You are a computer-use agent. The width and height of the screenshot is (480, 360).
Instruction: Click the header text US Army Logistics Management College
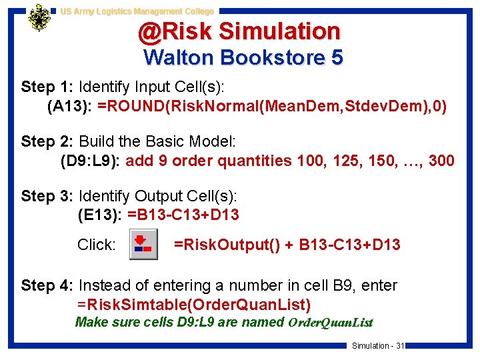coord(137,11)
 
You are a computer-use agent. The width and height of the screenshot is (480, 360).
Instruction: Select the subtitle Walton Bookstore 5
coord(243,57)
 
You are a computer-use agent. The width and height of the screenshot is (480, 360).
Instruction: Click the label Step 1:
coord(47,87)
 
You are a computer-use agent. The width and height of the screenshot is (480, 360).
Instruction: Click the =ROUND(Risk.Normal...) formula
coord(272,105)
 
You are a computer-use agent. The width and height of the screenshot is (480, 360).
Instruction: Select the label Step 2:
coord(47,141)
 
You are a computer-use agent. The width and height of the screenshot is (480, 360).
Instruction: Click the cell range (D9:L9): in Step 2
coord(90,161)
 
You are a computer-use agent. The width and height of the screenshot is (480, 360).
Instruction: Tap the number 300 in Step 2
coord(441,161)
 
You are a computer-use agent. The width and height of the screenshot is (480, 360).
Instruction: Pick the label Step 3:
coord(47,196)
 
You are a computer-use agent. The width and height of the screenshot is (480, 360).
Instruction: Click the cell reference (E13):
coord(101,215)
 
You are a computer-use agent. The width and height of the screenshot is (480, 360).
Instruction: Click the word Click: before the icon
coord(96,245)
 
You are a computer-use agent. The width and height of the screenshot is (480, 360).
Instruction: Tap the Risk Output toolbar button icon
coord(143,244)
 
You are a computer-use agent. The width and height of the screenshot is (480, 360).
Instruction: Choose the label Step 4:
coord(47,285)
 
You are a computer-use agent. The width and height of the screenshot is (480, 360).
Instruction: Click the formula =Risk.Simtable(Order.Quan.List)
coord(194,305)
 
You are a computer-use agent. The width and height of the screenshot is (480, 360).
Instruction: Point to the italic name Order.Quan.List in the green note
coord(329,323)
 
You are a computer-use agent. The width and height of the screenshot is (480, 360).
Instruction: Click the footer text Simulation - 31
coord(378,345)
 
